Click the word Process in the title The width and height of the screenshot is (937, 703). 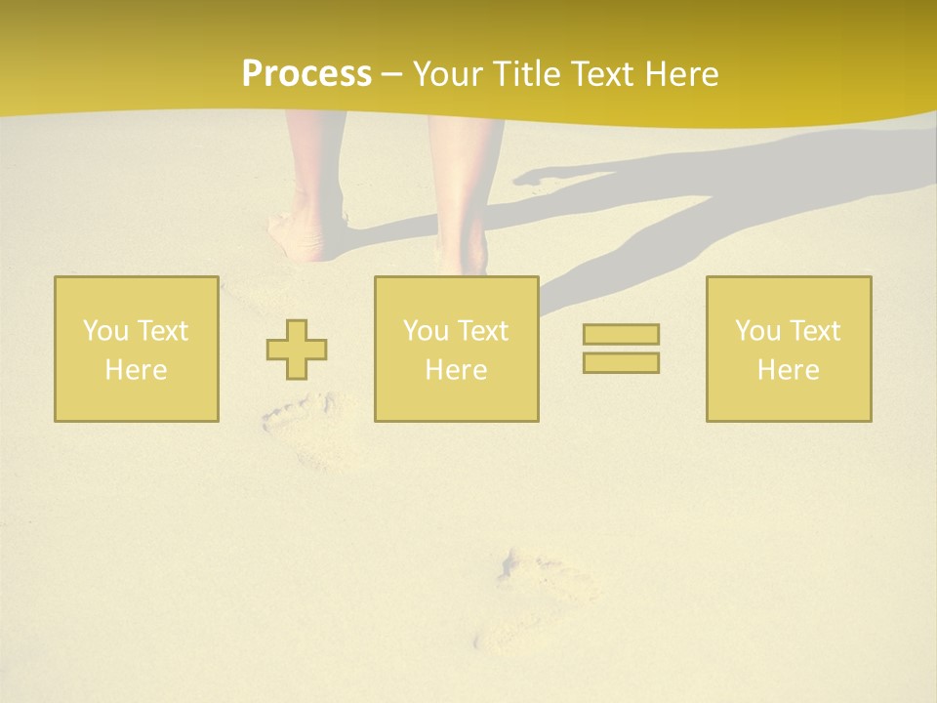click(306, 74)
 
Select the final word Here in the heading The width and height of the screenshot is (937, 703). click(680, 74)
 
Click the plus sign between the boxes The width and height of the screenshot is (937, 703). click(297, 350)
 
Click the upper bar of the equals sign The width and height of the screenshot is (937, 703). click(621, 334)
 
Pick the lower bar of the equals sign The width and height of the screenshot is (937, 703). click(621, 362)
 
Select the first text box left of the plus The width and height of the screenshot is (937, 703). click(137, 349)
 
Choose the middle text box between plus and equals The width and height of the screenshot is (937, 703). click(457, 349)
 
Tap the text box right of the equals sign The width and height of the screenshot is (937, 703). click(789, 349)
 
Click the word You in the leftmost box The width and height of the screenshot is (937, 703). click(104, 331)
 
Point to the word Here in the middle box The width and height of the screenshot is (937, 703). click(457, 370)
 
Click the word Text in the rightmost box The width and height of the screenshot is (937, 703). click(815, 331)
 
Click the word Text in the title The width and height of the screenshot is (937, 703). click(596, 74)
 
